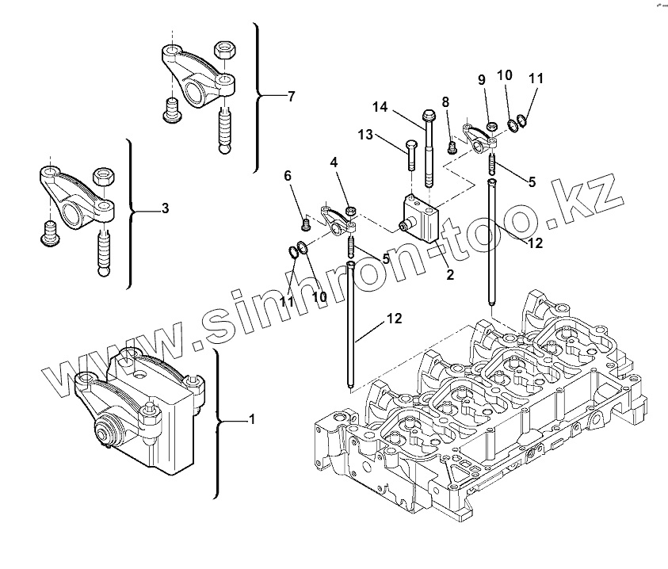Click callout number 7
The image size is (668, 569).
click(x=291, y=97)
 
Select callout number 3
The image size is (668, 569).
click(x=164, y=209)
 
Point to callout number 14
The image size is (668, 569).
click(x=380, y=107)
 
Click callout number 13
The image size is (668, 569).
click(x=365, y=135)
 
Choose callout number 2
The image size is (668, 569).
click(x=449, y=275)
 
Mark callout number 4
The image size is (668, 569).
click(x=334, y=162)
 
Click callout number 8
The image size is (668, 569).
click(x=445, y=101)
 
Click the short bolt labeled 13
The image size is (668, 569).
click(x=410, y=155)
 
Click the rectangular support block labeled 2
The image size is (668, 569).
click(x=419, y=219)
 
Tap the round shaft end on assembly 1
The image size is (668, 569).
click(x=103, y=433)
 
